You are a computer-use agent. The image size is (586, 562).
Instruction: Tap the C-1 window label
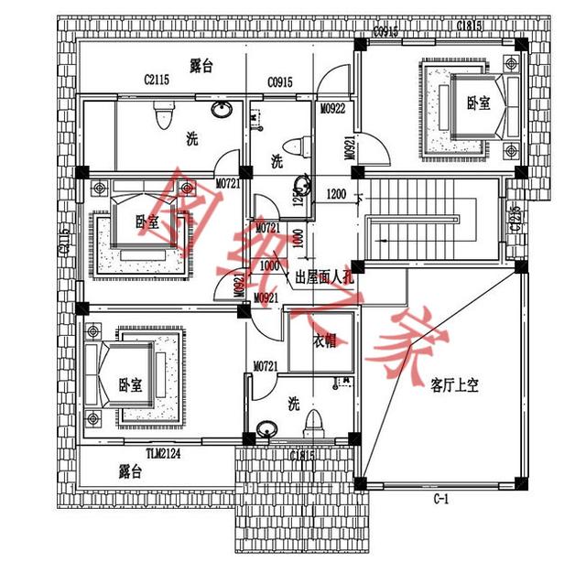point(441,499)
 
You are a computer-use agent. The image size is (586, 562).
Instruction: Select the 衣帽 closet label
point(324,340)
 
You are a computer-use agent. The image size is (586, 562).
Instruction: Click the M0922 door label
point(331,109)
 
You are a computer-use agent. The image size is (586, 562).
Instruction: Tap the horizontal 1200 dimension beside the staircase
point(336,194)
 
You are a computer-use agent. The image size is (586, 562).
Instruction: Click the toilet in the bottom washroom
point(313,423)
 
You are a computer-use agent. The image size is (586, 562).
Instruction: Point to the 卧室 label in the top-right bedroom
point(478,103)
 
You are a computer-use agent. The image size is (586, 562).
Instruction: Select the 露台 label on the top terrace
point(201,65)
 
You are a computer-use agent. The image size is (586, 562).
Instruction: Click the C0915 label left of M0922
point(280,82)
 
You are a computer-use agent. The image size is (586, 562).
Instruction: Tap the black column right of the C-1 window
point(522,482)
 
